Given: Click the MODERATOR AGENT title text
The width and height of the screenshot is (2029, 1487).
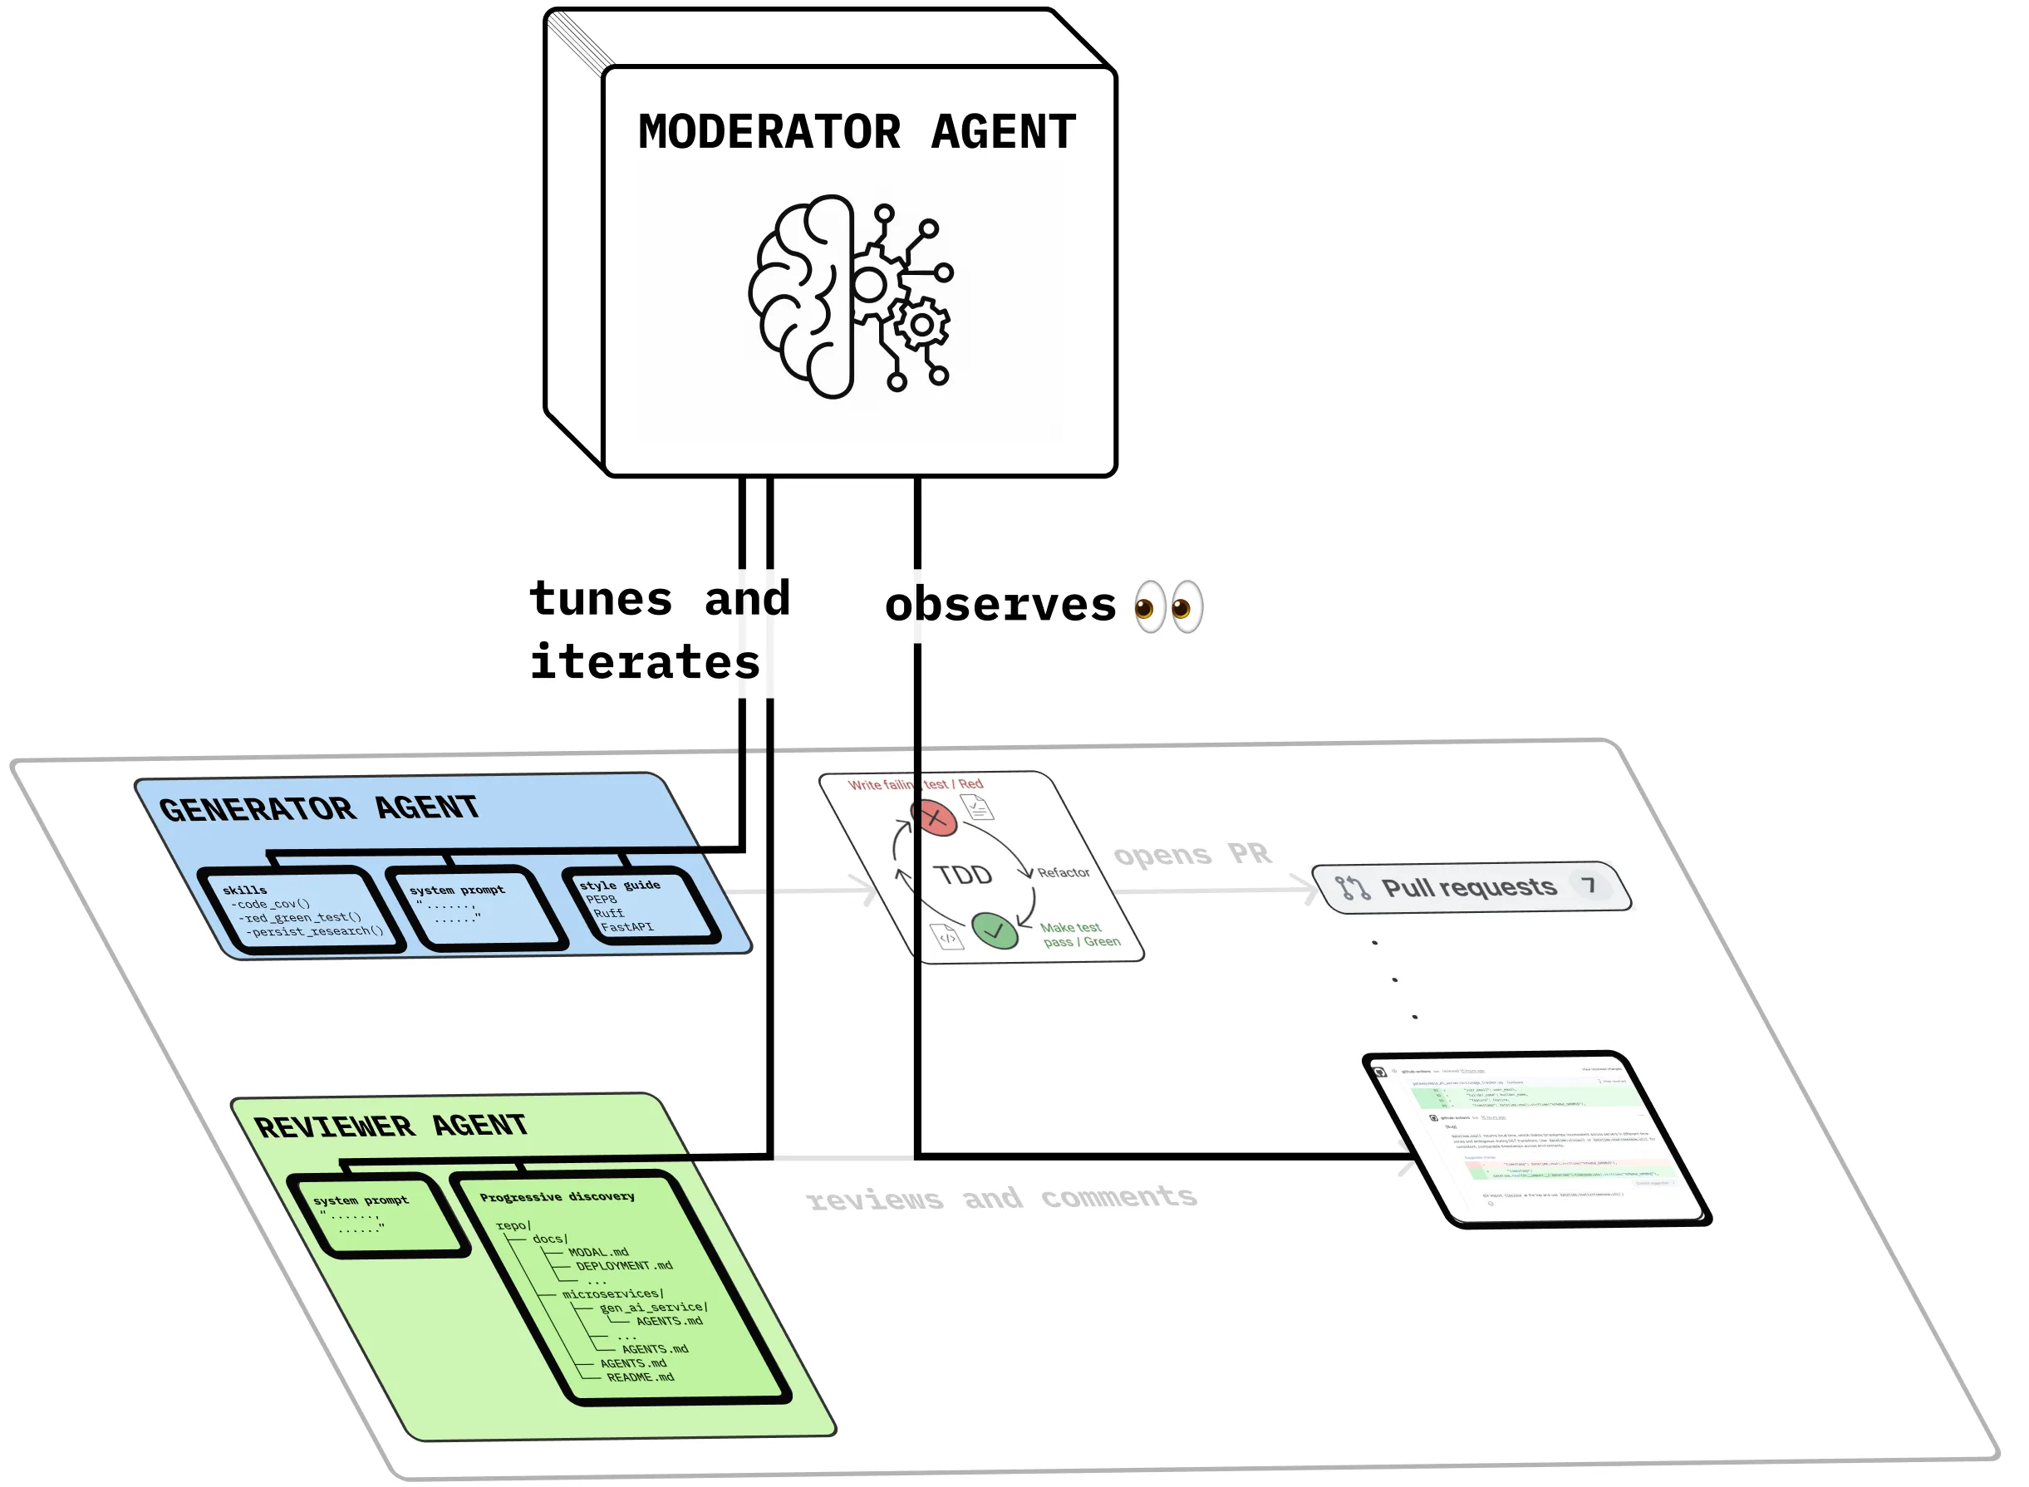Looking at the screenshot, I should [856, 132].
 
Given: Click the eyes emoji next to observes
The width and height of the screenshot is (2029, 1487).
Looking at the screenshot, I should [1167, 606].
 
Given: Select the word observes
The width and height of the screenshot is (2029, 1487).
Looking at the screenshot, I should [1000, 605].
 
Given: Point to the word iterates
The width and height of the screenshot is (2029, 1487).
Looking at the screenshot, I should [645, 662].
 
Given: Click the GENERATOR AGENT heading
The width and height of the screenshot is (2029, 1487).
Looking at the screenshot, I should [319, 808].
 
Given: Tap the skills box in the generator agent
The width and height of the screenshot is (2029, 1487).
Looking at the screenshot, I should [302, 909].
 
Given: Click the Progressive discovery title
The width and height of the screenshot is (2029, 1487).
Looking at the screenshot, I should [557, 1196].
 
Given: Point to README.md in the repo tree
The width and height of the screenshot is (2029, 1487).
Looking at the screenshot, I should [640, 1377].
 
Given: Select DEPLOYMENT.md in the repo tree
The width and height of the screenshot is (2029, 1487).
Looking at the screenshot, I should [624, 1265].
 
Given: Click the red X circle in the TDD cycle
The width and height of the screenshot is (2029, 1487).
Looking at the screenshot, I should [936, 818].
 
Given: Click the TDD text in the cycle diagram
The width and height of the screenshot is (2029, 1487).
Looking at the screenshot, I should [962, 875].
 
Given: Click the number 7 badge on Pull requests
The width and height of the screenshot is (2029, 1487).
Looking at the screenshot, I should [1589, 885].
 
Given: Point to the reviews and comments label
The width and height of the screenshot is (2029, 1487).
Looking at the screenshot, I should [1001, 1198].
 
